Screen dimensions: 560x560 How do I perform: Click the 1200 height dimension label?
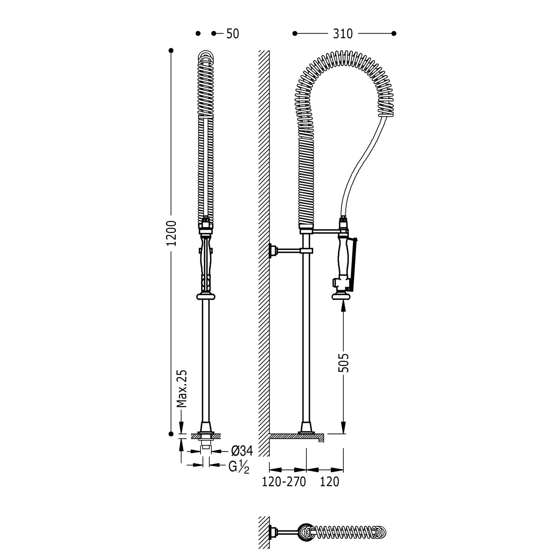point(171,233)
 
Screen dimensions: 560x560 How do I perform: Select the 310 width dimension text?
point(343,34)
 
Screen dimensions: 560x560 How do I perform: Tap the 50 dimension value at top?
point(233,34)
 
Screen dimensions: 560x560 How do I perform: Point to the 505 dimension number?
point(343,363)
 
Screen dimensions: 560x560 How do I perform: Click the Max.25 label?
point(181,389)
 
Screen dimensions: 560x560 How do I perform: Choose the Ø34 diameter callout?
point(242,451)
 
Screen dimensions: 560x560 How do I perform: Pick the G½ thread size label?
point(239,467)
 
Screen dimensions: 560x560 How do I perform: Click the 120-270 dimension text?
point(284,482)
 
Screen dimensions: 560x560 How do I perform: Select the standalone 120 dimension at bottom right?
point(330,482)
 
